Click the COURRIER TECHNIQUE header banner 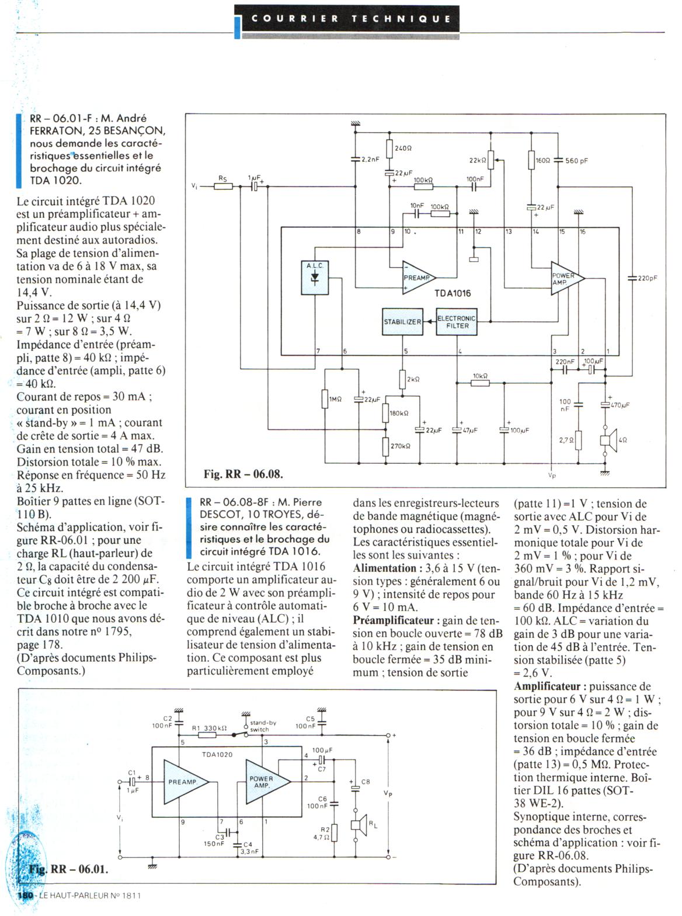coord(351,18)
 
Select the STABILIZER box coord(402,322)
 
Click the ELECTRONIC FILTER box coord(457,322)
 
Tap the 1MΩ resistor coord(325,399)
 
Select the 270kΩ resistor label coord(400,446)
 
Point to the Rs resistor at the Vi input coord(223,186)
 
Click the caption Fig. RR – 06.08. coord(243,474)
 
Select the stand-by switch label coord(263,726)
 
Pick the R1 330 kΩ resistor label coord(209,728)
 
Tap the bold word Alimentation coord(384,568)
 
